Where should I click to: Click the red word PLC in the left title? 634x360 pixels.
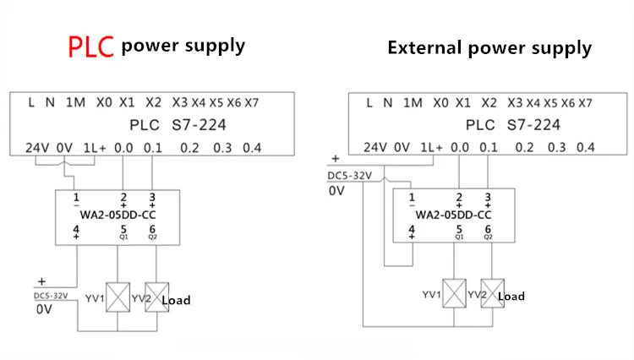91,46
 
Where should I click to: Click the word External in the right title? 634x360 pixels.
424,47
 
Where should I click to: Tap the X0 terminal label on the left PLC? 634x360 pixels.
104,102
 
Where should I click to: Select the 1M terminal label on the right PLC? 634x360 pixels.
413,103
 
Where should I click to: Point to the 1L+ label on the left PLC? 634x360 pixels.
95,148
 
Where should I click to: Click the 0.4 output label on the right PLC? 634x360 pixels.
586,148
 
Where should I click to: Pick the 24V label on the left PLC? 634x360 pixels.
37,148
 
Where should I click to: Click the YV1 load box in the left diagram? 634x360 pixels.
118,297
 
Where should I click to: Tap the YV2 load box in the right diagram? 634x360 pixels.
493,293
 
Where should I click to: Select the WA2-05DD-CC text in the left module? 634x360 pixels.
118,215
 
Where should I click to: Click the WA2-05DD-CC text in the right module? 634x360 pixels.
453,215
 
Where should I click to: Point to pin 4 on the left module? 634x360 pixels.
76,230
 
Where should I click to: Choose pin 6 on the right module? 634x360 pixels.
488,230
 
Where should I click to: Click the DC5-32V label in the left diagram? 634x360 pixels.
51,296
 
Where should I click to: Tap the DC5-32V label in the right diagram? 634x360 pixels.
350,176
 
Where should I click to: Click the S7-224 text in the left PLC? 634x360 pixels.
199,125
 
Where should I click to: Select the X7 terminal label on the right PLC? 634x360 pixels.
585,103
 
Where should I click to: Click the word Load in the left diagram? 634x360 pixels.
176,300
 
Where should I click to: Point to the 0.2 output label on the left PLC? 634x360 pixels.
189,148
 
